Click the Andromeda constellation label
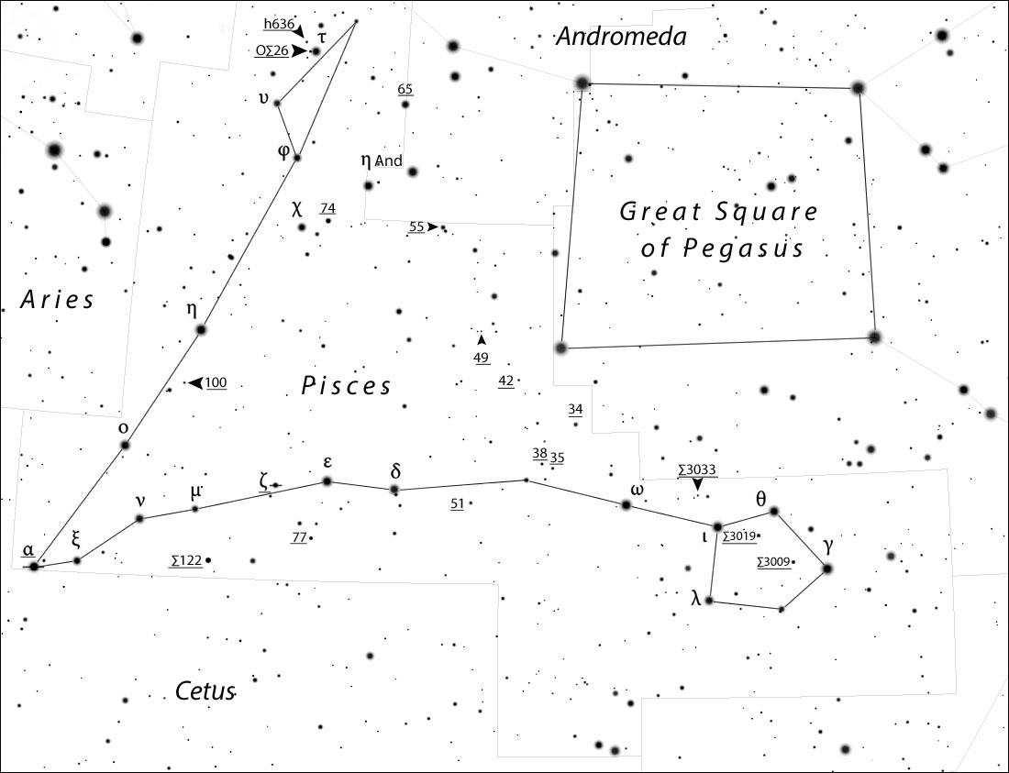click(x=621, y=37)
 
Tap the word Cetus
click(x=205, y=691)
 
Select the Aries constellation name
click(x=57, y=299)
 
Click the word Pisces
click(x=346, y=386)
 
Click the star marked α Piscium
click(x=34, y=567)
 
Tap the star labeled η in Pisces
click(x=201, y=329)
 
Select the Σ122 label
click(x=186, y=559)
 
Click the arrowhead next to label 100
click(x=194, y=382)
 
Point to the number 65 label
click(x=405, y=89)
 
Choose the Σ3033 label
click(x=696, y=469)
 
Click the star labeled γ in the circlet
click(x=826, y=569)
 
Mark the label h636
click(x=278, y=24)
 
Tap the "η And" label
click(x=382, y=161)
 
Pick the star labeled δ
click(x=394, y=490)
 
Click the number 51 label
click(x=458, y=502)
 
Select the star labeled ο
click(x=125, y=446)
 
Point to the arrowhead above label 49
click(x=482, y=339)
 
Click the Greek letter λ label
click(x=695, y=600)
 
